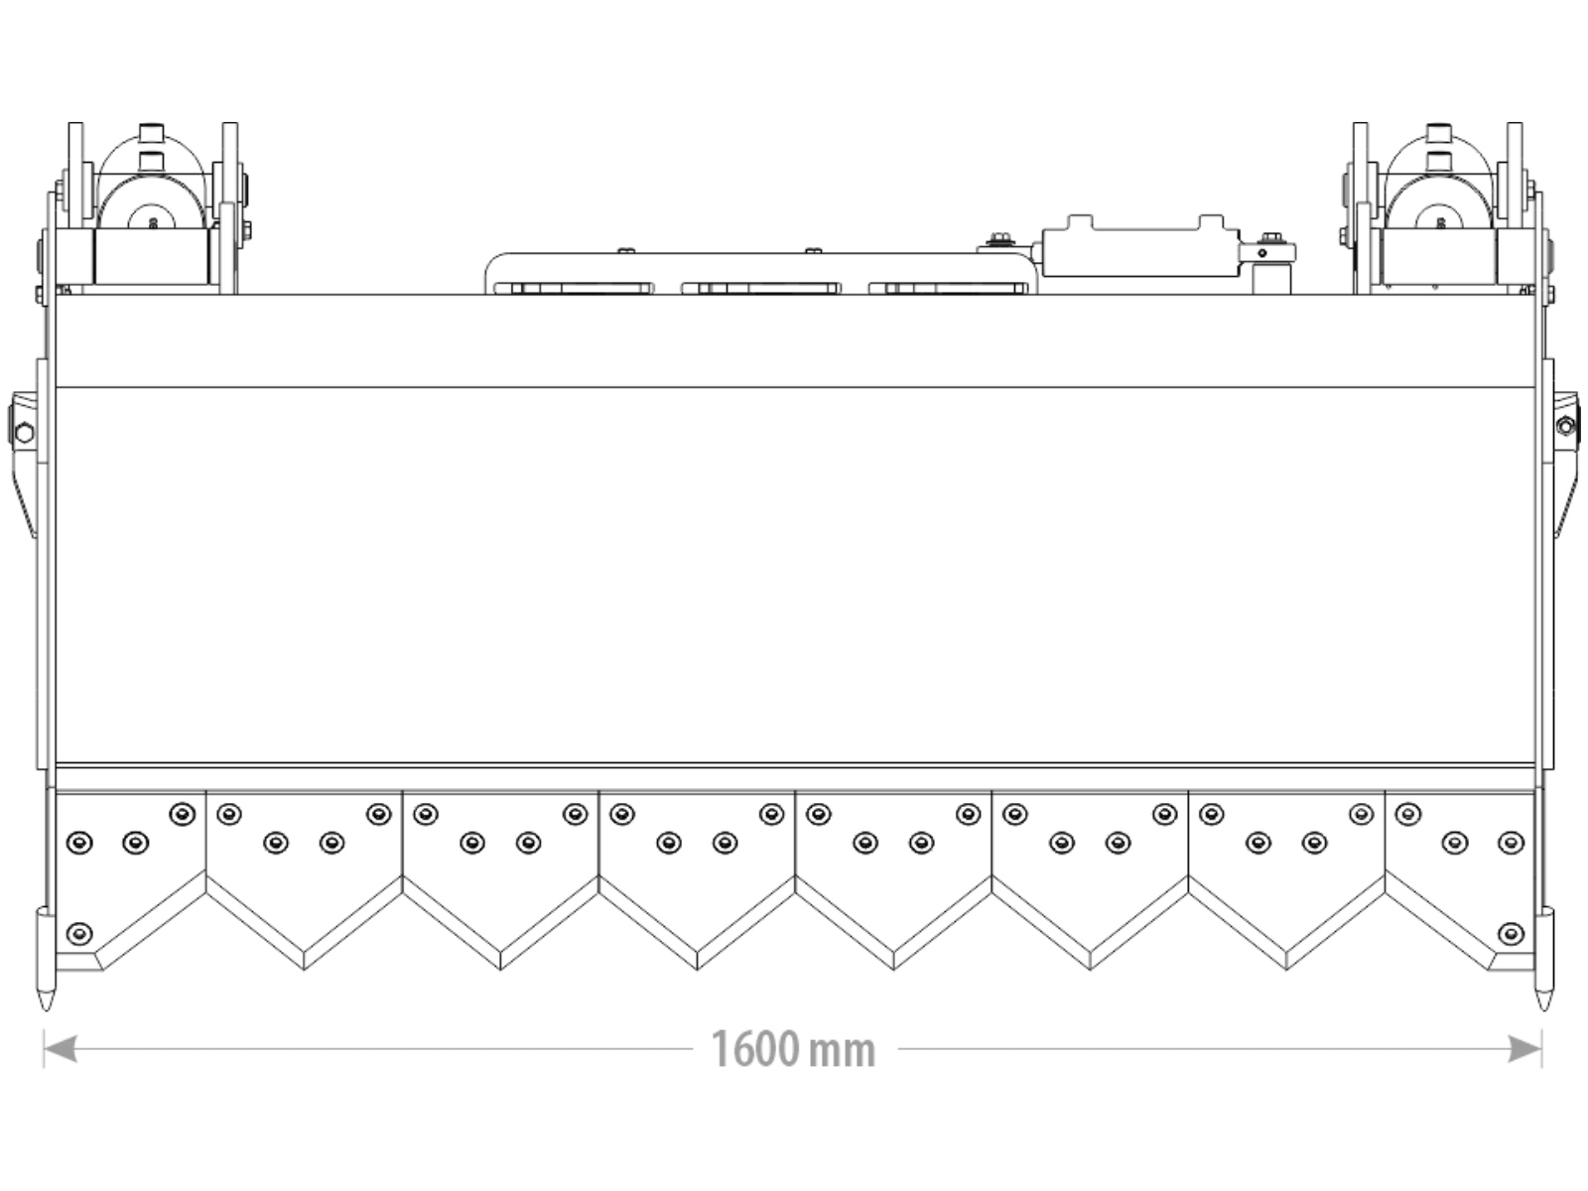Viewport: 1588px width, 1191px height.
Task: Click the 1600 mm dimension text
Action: click(x=793, y=1049)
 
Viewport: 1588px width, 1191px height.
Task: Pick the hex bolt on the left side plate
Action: click(x=24, y=433)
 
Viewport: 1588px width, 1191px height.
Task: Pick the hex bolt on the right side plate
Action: click(x=1565, y=427)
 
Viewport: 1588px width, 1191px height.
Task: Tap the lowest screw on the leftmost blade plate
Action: click(x=78, y=934)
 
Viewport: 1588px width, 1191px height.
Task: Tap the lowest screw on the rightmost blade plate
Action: click(x=1511, y=934)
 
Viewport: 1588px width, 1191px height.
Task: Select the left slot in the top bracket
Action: click(x=573, y=289)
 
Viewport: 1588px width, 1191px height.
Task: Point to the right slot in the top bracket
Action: click(x=949, y=289)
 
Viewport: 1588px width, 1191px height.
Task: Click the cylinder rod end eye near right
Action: click(x=1261, y=253)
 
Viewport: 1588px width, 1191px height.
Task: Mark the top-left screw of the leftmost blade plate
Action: click(x=182, y=814)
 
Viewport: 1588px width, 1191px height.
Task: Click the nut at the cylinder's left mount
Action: click(x=1000, y=239)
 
